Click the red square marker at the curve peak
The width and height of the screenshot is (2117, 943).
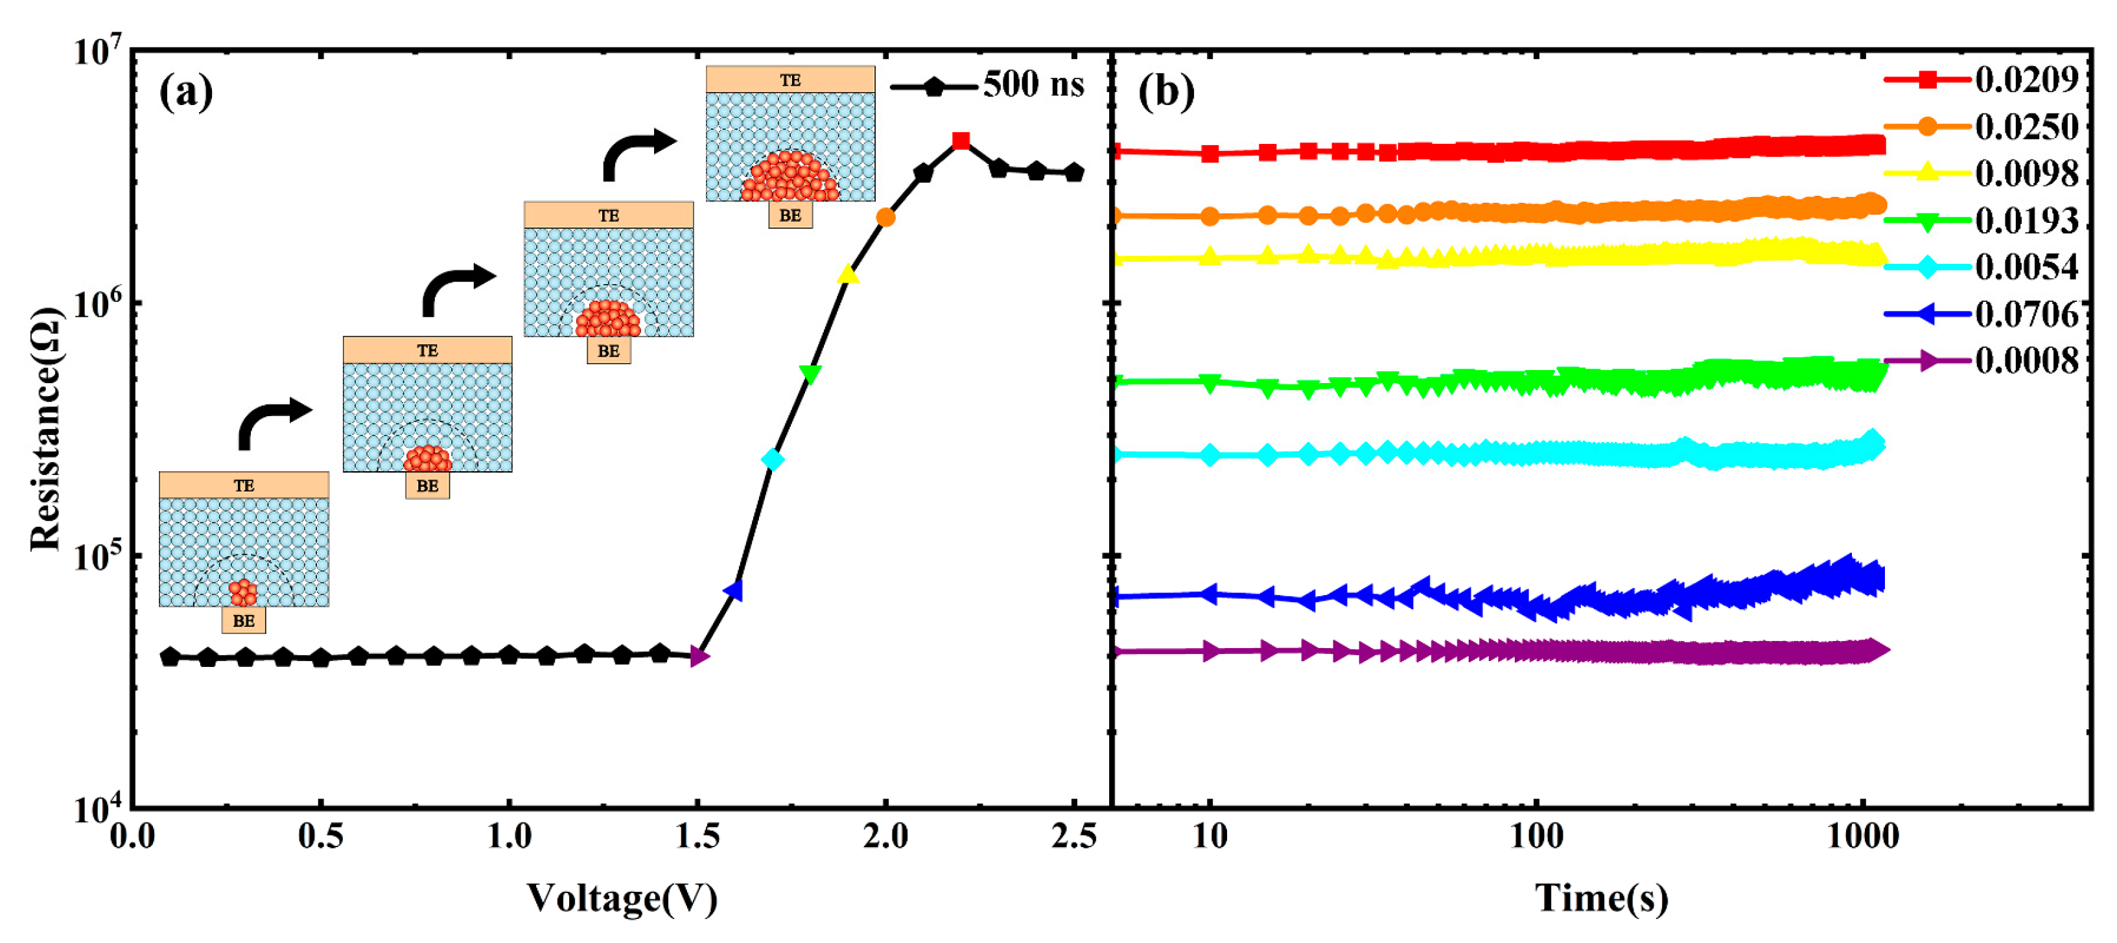(961, 141)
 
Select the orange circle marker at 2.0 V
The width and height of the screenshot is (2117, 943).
(885, 218)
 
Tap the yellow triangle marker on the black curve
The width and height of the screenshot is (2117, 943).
(848, 274)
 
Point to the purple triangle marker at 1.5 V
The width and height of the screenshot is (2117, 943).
(699, 655)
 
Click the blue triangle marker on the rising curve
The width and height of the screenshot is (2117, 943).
(734, 590)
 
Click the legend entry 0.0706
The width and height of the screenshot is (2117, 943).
(2026, 314)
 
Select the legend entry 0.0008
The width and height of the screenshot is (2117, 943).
(2026, 360)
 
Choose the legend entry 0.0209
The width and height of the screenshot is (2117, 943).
(2026, 80)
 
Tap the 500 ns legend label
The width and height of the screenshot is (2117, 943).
(1033, 85)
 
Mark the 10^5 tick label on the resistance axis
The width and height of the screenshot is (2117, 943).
(99, 557)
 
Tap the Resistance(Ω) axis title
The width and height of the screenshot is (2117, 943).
(46, 429)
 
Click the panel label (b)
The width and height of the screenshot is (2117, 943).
(1165, 91)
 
